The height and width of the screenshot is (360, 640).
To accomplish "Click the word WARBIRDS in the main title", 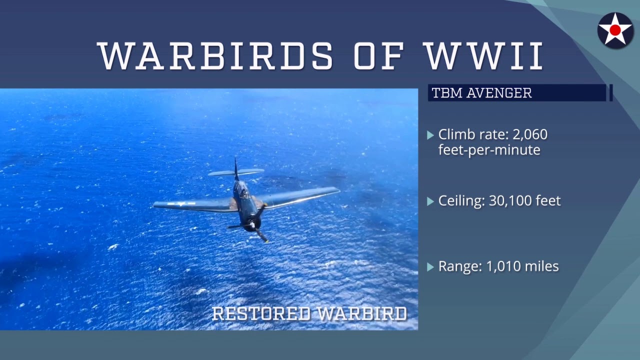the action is pyautogui.click(x=215, y=55).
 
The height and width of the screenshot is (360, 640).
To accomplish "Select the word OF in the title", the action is pyautogui.click(x=379, y=55).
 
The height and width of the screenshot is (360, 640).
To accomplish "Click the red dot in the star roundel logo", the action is pyautogui.click(x=615, y=30).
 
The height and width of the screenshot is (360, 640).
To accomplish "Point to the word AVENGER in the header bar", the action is pyautogui.click(x=499, y=93).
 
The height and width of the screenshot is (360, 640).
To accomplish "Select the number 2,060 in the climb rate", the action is pyautogui.click(x=530, y=134).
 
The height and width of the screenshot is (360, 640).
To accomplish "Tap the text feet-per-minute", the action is pyautogui.click(x=489, y=150).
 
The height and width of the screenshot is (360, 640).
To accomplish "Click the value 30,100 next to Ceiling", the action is pyautogui.click(x=506, y=201).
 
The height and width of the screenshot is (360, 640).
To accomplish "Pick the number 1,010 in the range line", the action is pyautogui.click(x=503, y=266).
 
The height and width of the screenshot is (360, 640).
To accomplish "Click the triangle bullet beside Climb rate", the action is pyautogui.click(x=430, y=135).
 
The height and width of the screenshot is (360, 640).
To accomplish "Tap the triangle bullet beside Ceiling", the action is pyautogui.click(x=430, y=201).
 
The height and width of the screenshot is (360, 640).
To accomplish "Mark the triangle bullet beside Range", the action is pyautogui.click(x=430, y=267).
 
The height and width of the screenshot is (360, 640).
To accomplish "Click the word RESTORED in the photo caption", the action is pyautogui.click(x=261, y=313).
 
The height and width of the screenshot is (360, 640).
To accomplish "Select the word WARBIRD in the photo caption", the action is pyautogui.click(x=362, y=313).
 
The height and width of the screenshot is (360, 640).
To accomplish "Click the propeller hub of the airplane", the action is pyautogui.click(x=252, y=225).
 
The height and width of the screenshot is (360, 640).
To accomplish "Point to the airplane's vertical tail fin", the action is pyautogui.click(x=236, y=169).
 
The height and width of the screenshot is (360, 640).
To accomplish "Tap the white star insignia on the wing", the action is pyautogui.click(x=180, y=204).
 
